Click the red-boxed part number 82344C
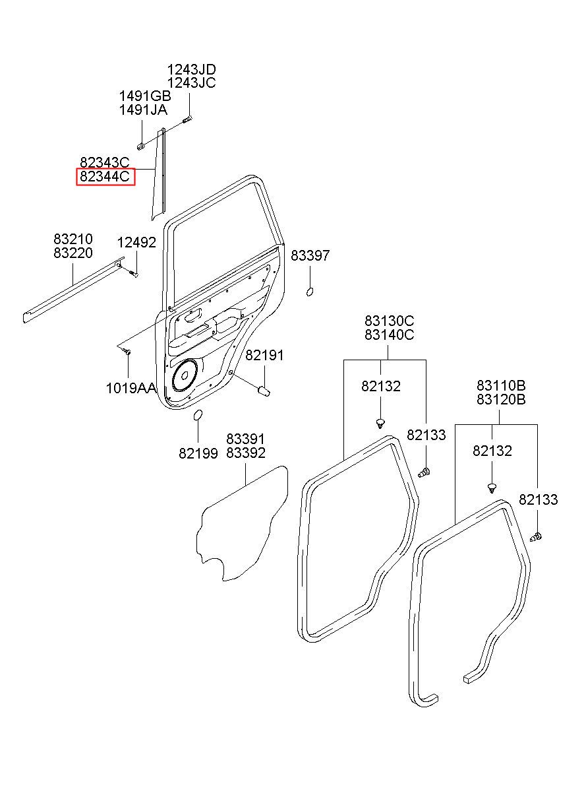pos(104,176)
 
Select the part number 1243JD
pos(191,69)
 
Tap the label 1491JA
pos(143,110)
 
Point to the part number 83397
pos(310,255)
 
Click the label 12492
pos(136,243)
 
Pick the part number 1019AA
pos(131,388)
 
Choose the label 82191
pos(264,355)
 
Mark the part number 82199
pos(198,453)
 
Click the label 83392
pos(246,453)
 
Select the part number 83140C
pos(389,335)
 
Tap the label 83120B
pos(501,399)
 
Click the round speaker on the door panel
pos(185,375)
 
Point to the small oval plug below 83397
pos(310,292)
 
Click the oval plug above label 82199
pos(197,415)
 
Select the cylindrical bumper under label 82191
pos(264,390)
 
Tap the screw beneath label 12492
pos(134,274)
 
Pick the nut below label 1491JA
pos(141,146)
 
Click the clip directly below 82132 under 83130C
pos(380,424)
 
